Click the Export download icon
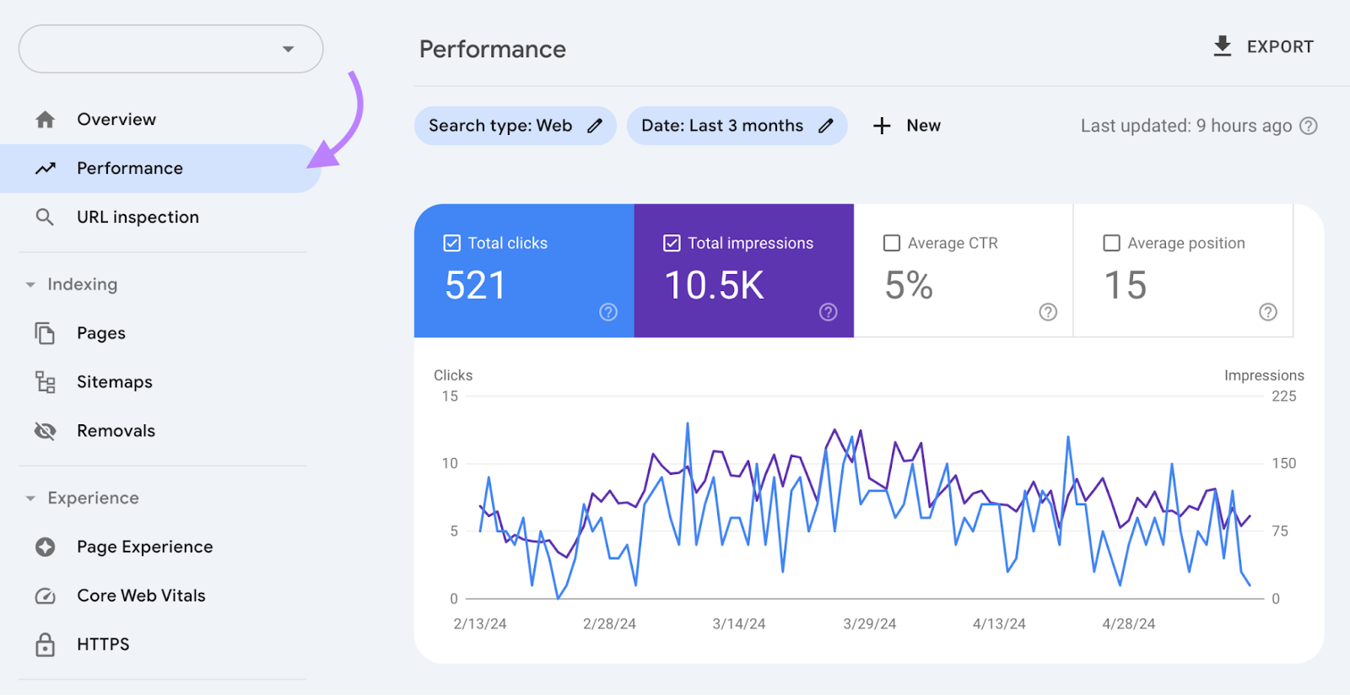(x=1222, y=46)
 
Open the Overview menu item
(x=116, y=120)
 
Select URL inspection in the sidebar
(x=138, y=218)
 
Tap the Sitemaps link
(x=114, y=382)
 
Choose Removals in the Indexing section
(x=116, y=431)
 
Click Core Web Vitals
(x=141, y=595)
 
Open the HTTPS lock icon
(x=46, y=644)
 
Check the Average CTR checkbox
(x=892, y=243)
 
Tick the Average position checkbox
(x=1112, y=243)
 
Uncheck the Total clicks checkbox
(x=452, y=243)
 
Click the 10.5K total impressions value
(x=714, y=285)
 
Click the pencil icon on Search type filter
(x=595, y=126)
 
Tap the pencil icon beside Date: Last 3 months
(x=826, y=126)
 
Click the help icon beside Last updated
(x=1308, y=126)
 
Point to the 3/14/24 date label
(x=738, y=624)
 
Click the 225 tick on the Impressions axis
(x=1283, y=396)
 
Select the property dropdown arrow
(x=289, y=49)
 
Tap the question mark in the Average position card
(x=1267, y=312)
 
